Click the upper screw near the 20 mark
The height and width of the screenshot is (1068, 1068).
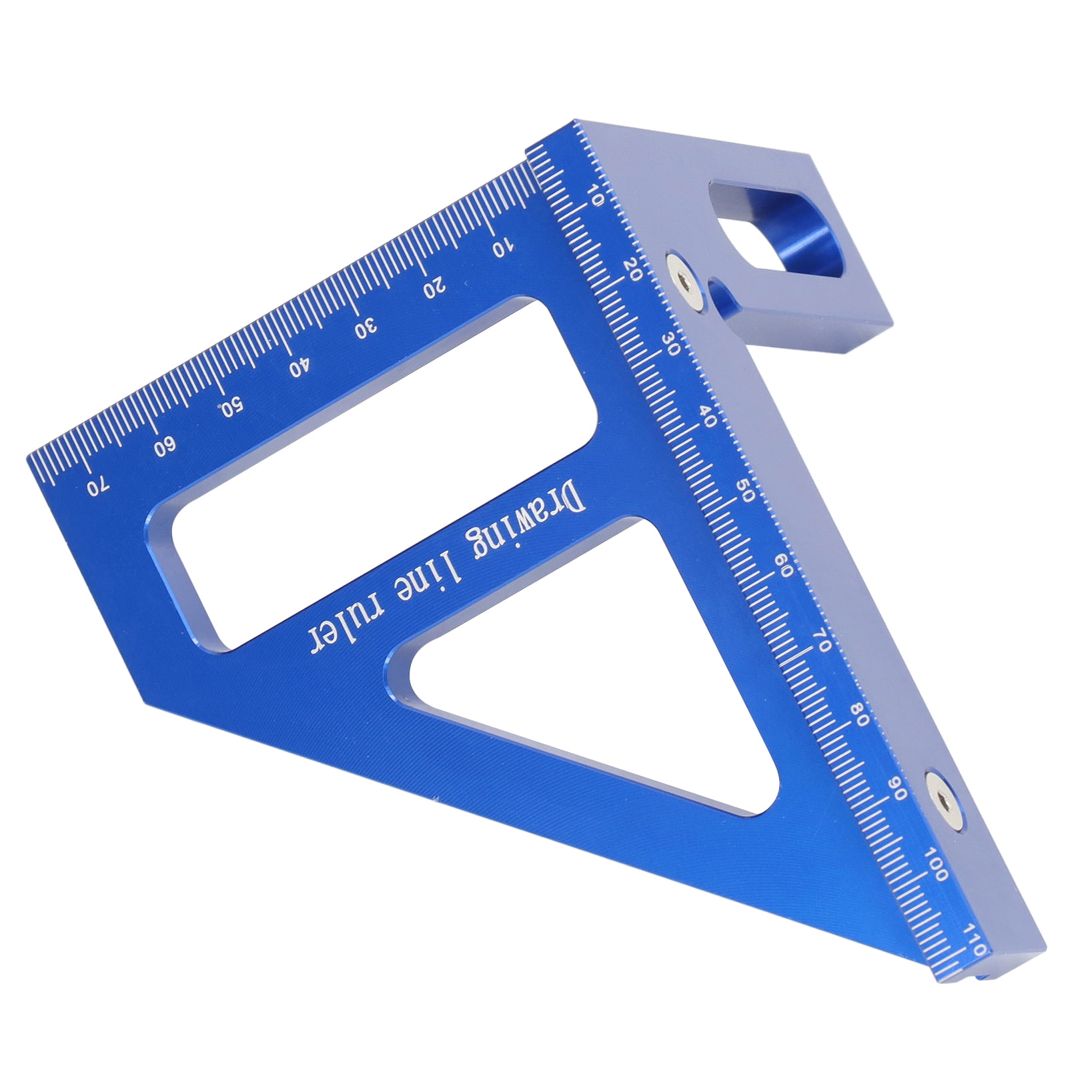coord(685,282)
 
